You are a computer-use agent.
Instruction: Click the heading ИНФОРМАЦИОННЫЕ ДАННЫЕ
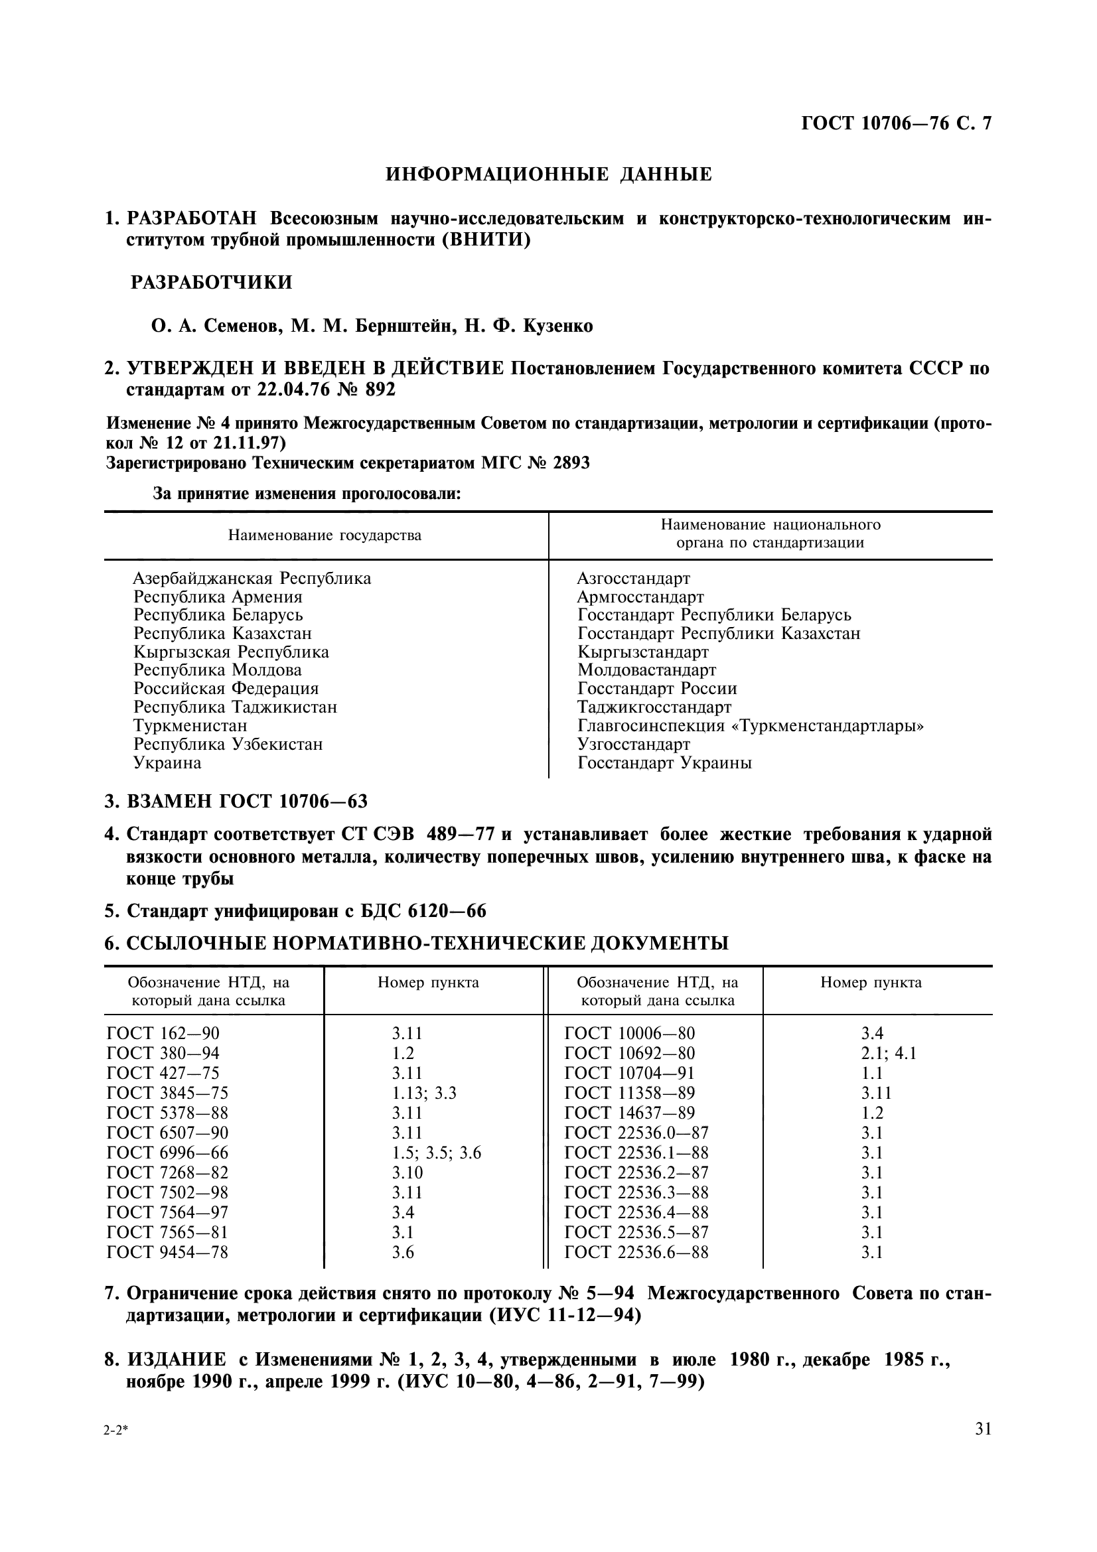pos(548,175)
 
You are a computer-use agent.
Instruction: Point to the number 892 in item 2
pos(380,390)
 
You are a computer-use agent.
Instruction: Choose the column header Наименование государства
pos(325,536)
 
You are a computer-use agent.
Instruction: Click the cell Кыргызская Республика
pos(231,652)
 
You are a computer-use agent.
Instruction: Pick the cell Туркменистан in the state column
pos(190,726)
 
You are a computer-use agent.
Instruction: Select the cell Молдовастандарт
pos(646,671)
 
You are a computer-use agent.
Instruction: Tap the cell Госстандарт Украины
pos(664,763)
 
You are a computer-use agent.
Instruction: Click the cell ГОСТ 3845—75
pos(168,1093)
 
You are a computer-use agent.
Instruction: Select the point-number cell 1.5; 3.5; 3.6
pos(436,1153)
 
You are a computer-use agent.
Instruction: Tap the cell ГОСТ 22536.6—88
pos(636,1253)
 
